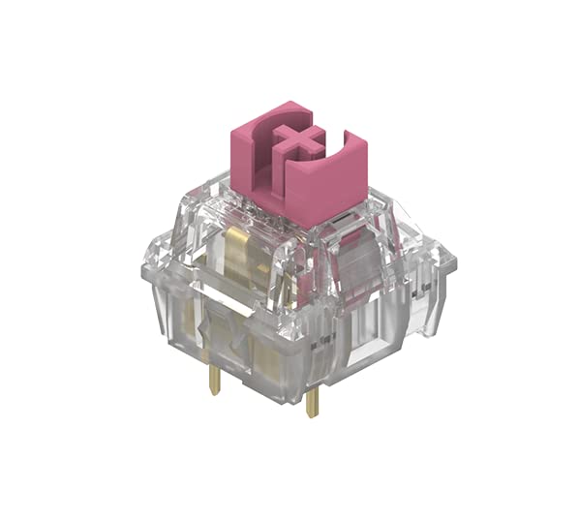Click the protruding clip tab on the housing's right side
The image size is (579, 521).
pos(442,261)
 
